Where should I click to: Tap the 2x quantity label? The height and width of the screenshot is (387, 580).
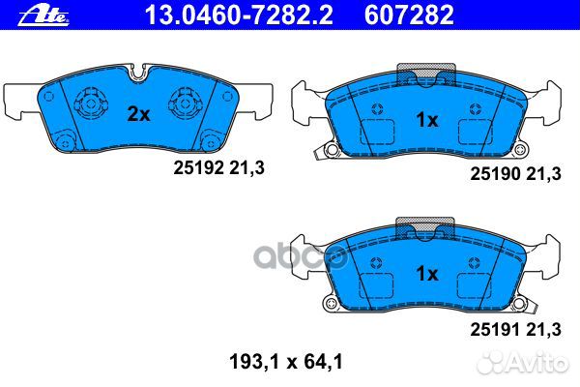point(139,114)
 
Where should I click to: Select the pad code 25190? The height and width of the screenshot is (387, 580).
point(491,174)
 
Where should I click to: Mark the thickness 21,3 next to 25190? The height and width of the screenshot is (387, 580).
point(543,174)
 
